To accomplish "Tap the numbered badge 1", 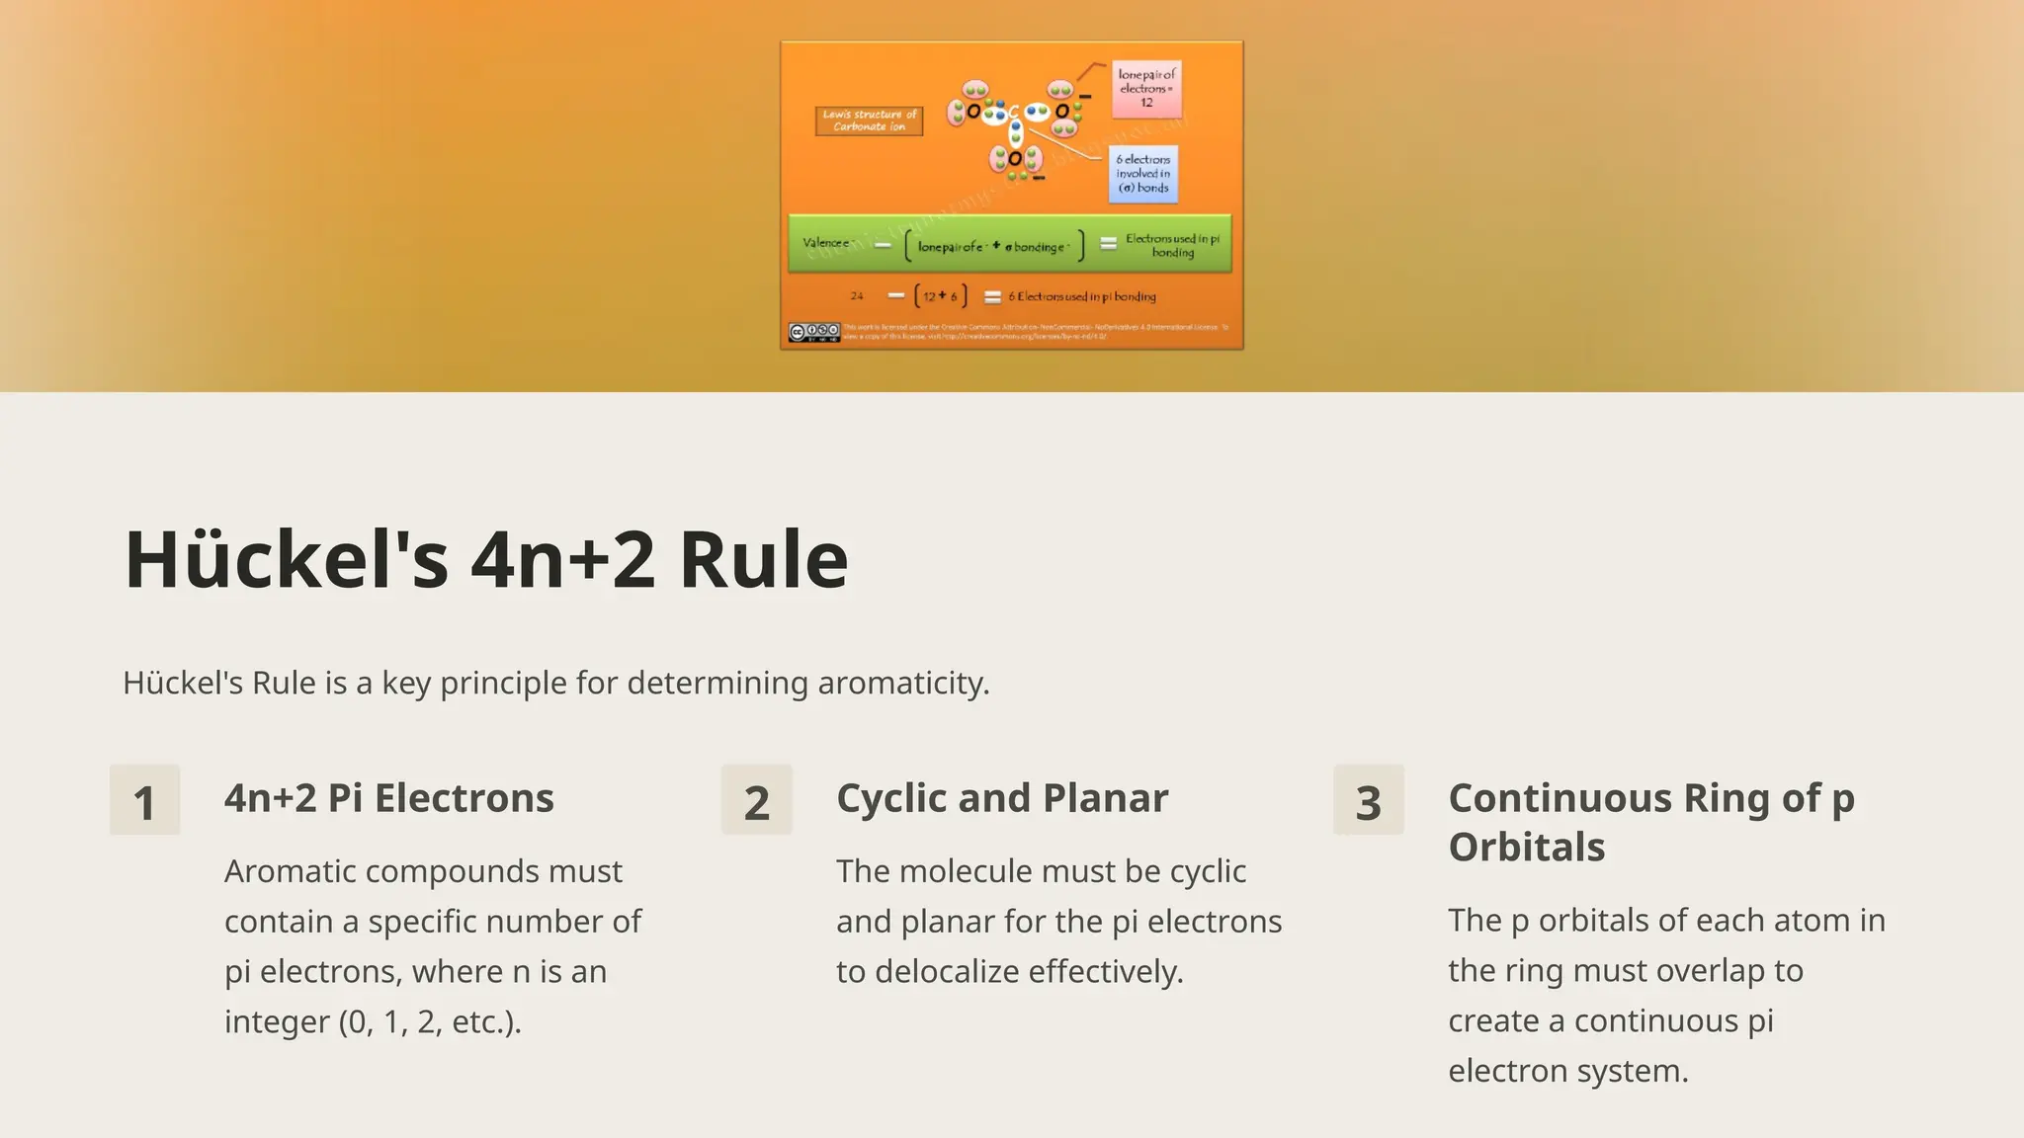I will pyautogui.click(x=144, y=800).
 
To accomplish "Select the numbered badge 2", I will pyautogui.click(x=756, y=800).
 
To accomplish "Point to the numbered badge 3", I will pyautogui.click(x=1368, y=800).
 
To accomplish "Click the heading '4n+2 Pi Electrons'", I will pyautogui.click(x=388, y=798).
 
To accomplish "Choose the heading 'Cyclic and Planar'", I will pyautogui.click(x=1001, y=798).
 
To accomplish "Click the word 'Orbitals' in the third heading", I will pyautogui.click(x=1526, y=847).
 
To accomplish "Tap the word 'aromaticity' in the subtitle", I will pyautogui.click(x=902, y=683).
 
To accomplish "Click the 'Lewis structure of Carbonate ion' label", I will pyautogui.click(x=869, y=121).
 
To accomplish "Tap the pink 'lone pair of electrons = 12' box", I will pyautogui.click(x=1146, y=88).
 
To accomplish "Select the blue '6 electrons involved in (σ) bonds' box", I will pyautogui.click(x=1143, y=173).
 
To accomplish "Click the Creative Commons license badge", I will pyautogui.click(x=813, y=332).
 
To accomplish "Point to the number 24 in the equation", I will pyautogui.click(x=856, y=296).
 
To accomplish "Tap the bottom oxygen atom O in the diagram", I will pyautogui.click(x=1015, y=159).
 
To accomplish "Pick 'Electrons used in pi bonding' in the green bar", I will pyautogui.click(x=1172, y=245).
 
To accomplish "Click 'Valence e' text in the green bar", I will pyautogui.click(x=826, y=243).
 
